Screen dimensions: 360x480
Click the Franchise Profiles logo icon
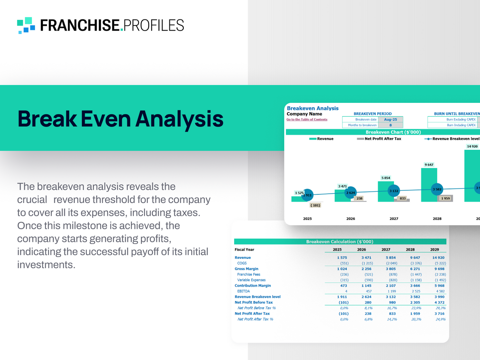[26, 25]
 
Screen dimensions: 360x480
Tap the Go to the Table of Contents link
[307, 119]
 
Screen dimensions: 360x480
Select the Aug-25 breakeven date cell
[391, 119]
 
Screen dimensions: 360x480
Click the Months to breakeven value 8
[391, 125]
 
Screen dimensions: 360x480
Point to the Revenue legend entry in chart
[321, 139]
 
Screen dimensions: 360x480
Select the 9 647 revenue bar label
[429, 165]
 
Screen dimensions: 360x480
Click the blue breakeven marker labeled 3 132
[394, 191]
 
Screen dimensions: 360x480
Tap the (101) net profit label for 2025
[315, 205]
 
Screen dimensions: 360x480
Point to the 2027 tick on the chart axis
[394, 218]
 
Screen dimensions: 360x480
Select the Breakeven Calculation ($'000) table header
[340, 242]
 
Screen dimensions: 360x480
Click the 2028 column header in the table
[410, 250]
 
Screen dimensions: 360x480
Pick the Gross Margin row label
[247, 269]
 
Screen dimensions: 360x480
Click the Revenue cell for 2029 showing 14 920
[438, 257]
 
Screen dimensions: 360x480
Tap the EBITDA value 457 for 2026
[369, 291]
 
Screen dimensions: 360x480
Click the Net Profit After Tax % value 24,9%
[440, 319]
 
